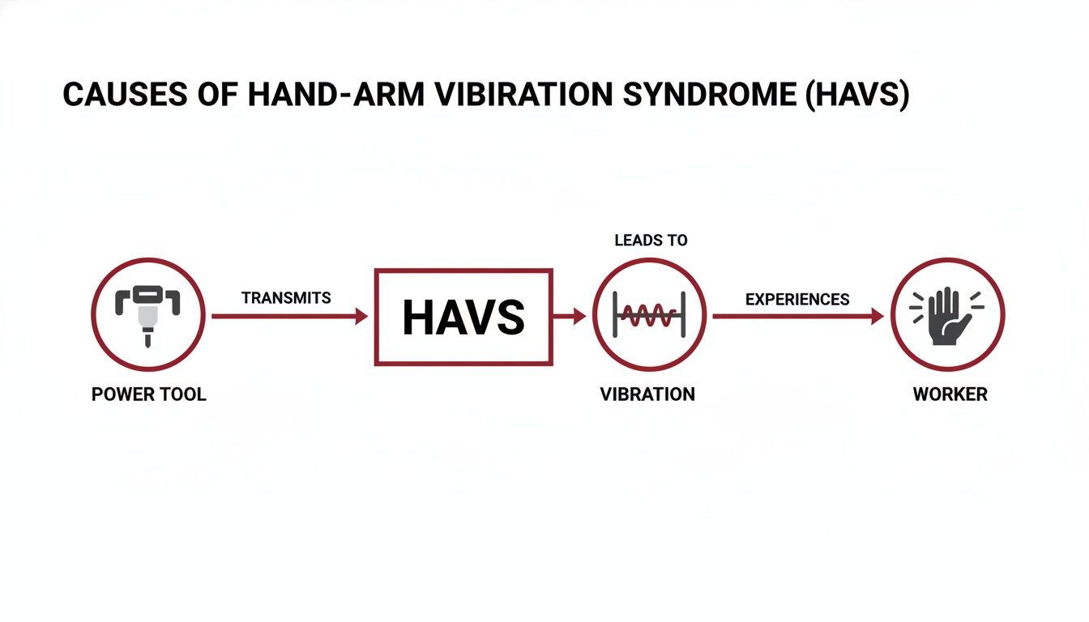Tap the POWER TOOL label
(148, 395)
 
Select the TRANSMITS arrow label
(286, 298)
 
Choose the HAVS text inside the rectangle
(463, 317)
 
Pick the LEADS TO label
(651, 241)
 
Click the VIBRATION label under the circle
(647, 395)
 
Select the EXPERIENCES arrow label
(797, 300)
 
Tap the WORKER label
(950, 395)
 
